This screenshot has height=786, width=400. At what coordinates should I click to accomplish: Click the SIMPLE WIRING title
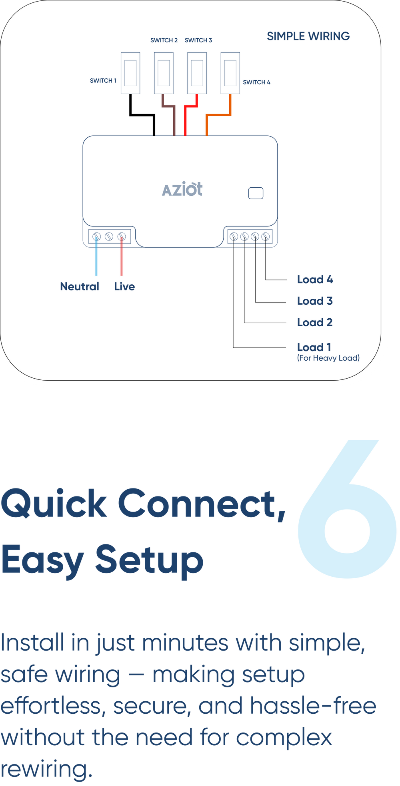coord(308,36)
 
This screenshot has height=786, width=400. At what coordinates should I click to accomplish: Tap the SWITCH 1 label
coord(103,81)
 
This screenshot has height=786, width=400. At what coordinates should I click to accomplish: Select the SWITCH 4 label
coord(256,82)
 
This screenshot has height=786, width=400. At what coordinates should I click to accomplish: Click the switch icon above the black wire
coord(130,73)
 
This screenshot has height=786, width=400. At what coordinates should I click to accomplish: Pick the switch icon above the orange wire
coord(230,73)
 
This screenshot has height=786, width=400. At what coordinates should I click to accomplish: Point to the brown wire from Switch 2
coord(174,116)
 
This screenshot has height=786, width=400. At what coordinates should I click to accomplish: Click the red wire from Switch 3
coord(185,120)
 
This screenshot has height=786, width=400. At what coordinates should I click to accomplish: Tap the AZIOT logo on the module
coord(182,190)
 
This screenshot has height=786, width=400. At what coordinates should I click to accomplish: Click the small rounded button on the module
coord(256,193)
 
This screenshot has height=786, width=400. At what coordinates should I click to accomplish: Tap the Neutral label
coord(80,286)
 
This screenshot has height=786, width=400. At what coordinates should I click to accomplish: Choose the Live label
coord(124,286)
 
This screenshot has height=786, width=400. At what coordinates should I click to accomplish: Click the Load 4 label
coord(315,280)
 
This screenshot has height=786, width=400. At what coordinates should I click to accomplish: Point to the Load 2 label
coord(315,322)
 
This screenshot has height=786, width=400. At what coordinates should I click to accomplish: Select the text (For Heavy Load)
coord(328,358)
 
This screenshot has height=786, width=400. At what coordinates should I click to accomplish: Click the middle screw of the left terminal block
coord(109,237)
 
